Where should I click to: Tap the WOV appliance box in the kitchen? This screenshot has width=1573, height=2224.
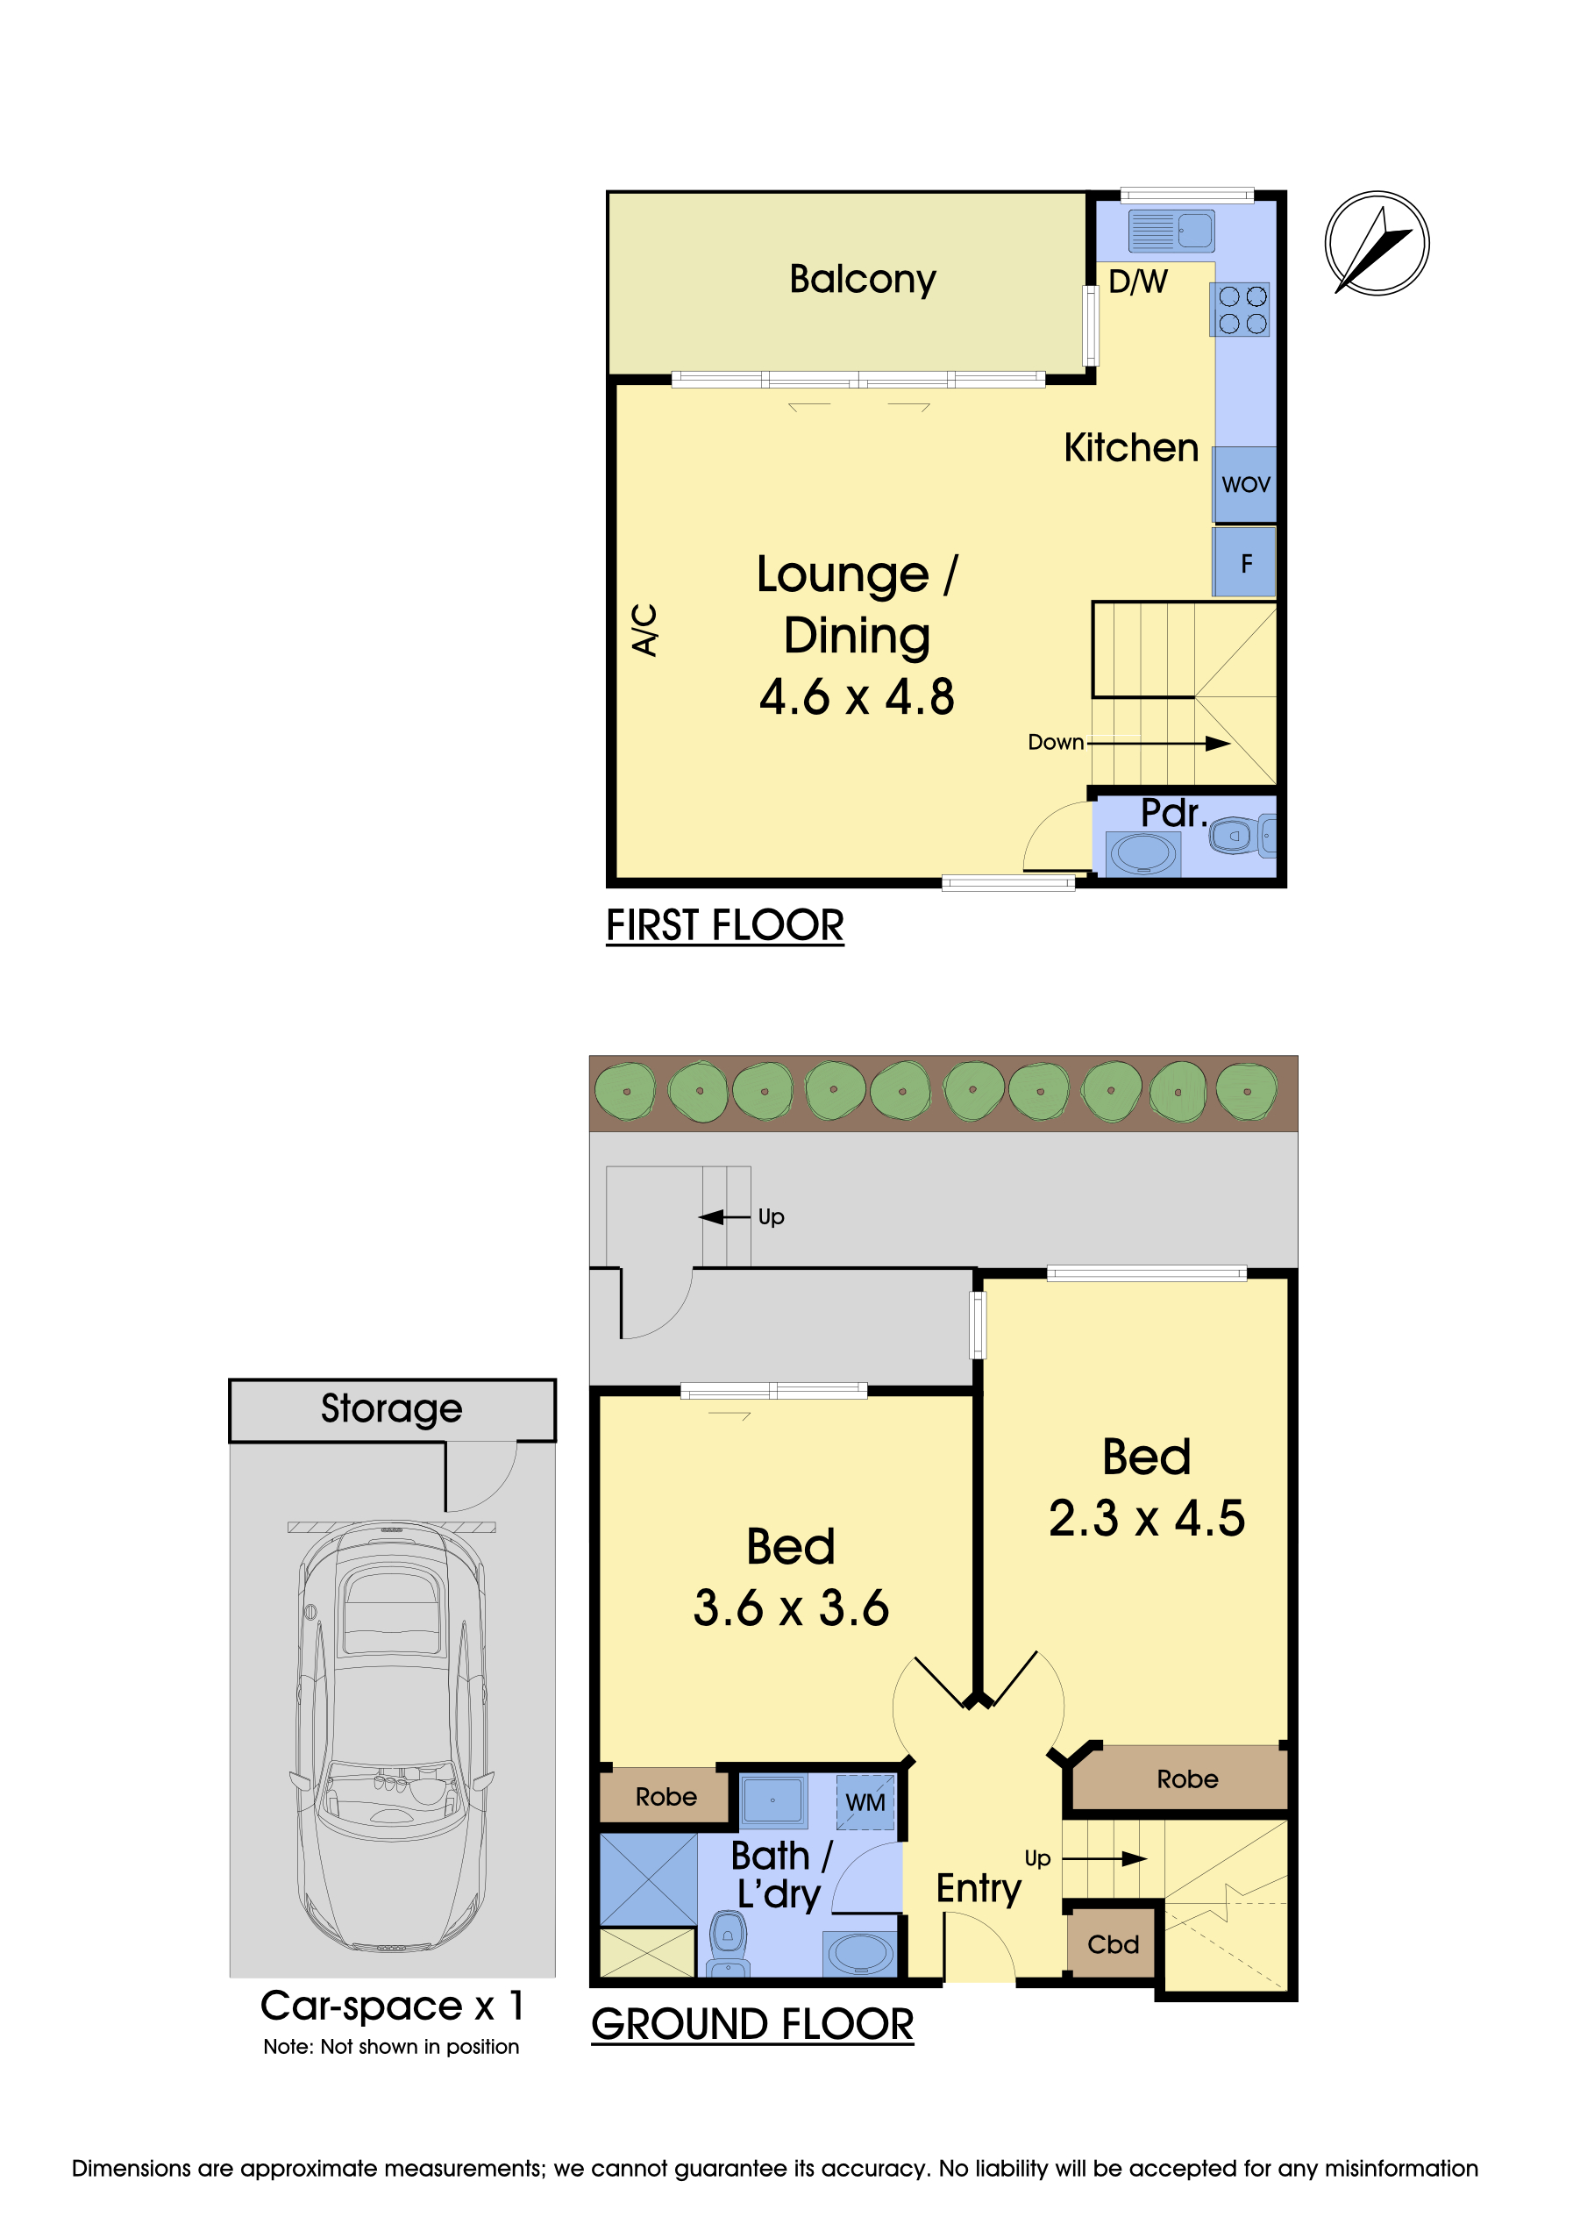tap(1245, 484)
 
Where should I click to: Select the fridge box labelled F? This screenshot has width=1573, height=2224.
tap(1246, 563)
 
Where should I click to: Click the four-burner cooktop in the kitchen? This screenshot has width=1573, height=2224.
tap(1242, 310)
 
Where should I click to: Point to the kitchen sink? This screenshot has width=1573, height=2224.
tap(1171, 231)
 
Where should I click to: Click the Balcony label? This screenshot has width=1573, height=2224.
tap(862, 280)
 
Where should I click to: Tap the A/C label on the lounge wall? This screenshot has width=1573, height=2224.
tap(645, 630)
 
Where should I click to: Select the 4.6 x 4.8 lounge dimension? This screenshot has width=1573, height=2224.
tap(857, 697)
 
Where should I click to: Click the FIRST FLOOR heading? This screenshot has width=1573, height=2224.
tap(724, 925)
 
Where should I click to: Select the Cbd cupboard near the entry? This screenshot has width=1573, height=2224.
tap(1113, 1944)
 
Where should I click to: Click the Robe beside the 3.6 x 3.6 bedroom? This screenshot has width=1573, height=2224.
tap(665, 1797)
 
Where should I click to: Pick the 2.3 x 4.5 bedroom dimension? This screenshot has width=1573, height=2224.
tap(1147, 1518)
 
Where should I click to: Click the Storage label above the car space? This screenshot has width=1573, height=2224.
tap(391, 1408)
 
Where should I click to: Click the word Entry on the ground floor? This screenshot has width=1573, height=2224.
tap(979, 1889)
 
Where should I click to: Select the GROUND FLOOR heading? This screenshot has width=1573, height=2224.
tap(751, 2024)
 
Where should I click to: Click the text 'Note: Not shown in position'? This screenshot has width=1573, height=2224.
tap(391, 2047)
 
